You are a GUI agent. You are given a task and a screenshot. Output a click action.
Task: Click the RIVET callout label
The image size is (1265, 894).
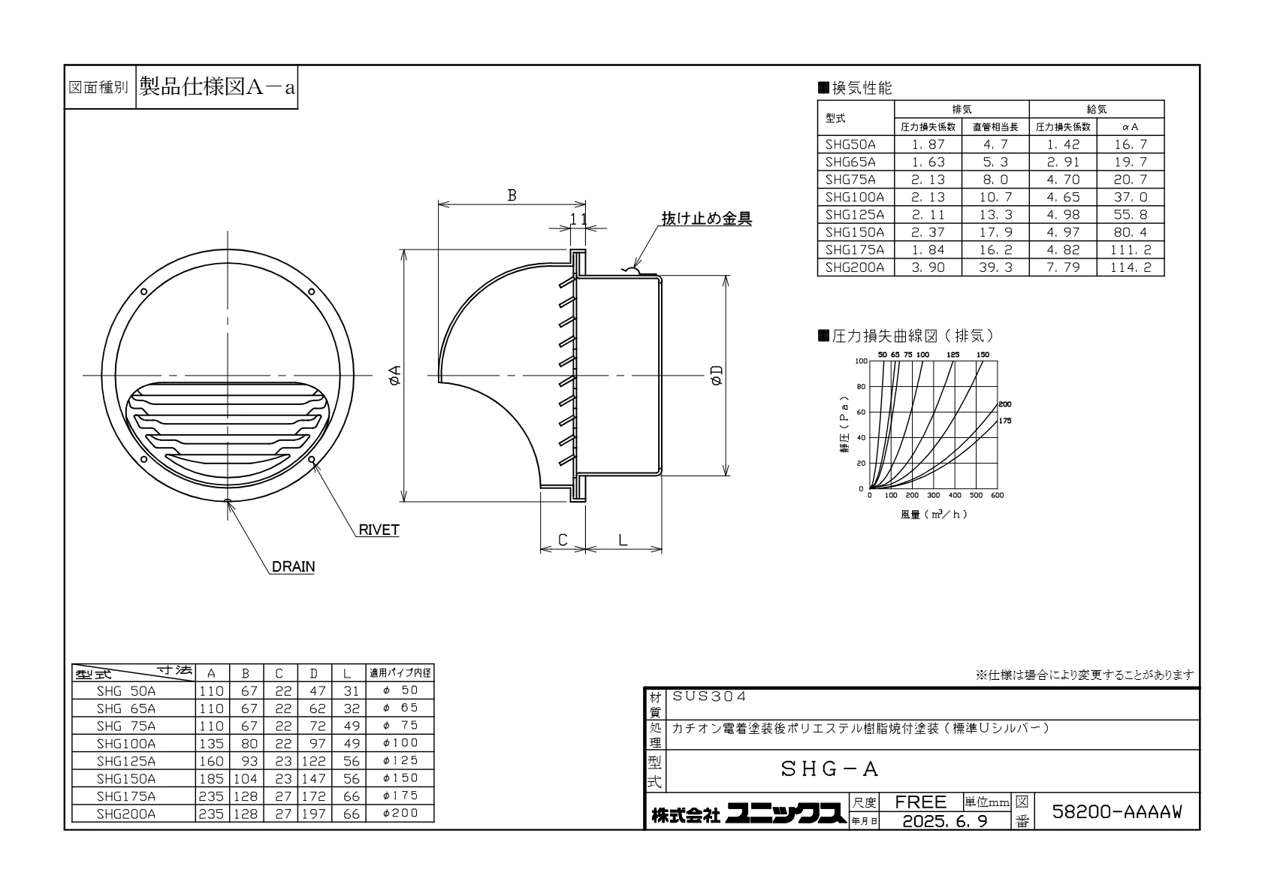coord(379,530)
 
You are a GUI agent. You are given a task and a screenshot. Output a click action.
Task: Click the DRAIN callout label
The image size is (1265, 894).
coord(293,566)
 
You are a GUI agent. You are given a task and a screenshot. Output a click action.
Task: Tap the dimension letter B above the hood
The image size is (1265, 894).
coord(512,195)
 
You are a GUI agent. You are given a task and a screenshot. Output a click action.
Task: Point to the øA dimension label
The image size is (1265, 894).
coord(394,375)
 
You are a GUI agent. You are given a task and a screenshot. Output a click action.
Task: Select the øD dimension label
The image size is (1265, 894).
coord(717,375)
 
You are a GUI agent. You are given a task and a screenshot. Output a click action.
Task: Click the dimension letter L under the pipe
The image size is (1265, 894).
coord(622,540)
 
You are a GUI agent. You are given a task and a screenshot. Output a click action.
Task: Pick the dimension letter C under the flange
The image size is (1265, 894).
coord(563,540)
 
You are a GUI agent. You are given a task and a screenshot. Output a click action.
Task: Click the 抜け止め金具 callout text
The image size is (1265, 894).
coord(706,219)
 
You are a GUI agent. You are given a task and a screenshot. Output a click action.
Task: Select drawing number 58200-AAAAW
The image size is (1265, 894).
coord(1116,811)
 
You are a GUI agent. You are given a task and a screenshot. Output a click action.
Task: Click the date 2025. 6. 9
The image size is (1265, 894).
coord(945,820)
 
